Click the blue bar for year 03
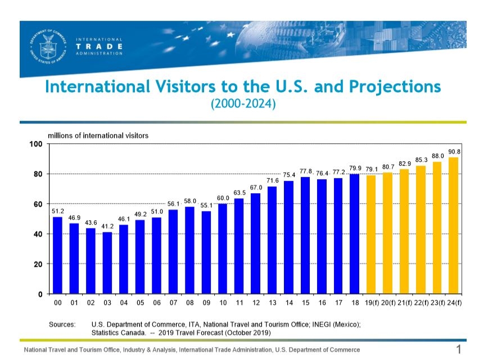[x=107, y=263]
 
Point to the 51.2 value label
[x=57, y=211]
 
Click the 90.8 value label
[x=454, y=152]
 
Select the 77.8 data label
[x=306, y=171]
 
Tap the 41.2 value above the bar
[x=107, y=226]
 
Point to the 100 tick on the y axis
[x=36, y=144]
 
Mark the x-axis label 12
[x=256, y=303]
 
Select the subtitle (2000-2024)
[x=243, y=104]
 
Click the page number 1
[x=458, y=350]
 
